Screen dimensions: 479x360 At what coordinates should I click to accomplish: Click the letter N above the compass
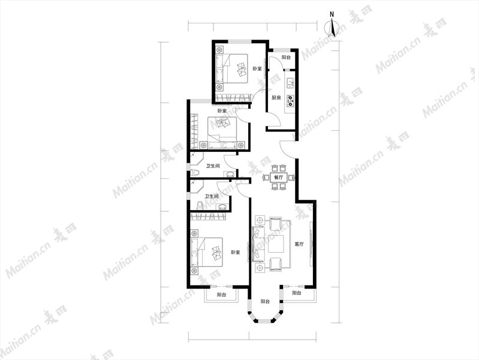(x=332, y=14)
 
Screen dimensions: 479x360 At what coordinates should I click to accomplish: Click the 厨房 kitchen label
(x=276, y=98)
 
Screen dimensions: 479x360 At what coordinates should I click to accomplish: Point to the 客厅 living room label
(x=299, y=244)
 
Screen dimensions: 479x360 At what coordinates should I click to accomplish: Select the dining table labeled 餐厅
(x=278, y=178)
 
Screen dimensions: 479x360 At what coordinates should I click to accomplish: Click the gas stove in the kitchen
(x=290, y=101)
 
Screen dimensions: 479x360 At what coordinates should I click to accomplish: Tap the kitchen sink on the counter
(x=290, y=83)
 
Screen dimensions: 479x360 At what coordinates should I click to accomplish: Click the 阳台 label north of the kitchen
(x=286, y=57)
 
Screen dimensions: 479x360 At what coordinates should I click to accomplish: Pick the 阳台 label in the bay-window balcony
(x=265, y=301)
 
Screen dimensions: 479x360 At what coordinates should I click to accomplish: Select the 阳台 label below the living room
(x=297, y=293)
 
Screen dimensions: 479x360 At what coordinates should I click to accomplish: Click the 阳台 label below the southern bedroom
(x=221, y=295)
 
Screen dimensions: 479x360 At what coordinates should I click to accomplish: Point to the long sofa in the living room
(x=258, y=244)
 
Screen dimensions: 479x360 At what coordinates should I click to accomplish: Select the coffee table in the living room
(x=276, y=244)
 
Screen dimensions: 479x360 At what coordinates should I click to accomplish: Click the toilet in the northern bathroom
(x=195, y=173)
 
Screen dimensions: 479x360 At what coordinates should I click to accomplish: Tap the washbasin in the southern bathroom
(x=222, y=207)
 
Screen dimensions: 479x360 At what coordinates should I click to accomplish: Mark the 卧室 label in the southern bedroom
(x=235, y=253)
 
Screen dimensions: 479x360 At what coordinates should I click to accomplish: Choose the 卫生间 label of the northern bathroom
(x=213, y=166)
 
